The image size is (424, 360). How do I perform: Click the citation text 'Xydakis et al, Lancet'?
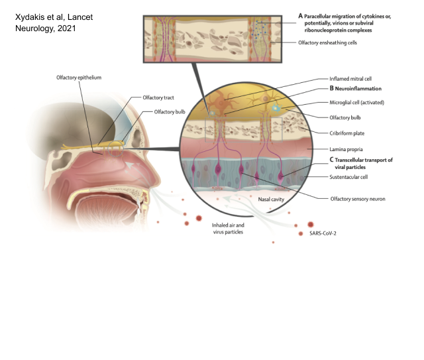(x=52, y=17)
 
